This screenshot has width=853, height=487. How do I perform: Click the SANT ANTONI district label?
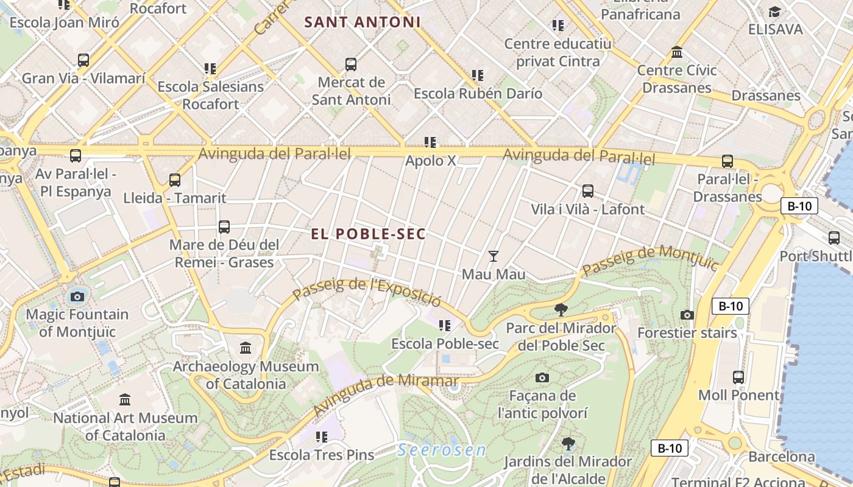tap(363, 23)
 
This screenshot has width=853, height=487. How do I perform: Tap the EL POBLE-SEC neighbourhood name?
tap(368, 234)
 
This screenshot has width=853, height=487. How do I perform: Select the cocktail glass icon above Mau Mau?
tap(494, 256)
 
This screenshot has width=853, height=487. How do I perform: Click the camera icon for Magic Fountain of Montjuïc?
tap(77, 296)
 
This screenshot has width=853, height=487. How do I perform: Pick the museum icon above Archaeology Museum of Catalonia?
tap(246, 348)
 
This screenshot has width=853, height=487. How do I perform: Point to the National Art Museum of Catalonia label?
tap(125, 427)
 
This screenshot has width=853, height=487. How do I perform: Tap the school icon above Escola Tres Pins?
tap(322, 436)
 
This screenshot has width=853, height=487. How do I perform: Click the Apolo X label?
tap(431, 161)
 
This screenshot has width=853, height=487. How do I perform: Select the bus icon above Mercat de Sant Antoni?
tap(351, 65)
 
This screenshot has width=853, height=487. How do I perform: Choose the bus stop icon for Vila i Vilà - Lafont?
tap(588, 191)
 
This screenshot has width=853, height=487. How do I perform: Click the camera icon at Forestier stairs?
tap(687, 315)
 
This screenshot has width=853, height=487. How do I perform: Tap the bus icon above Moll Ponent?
tap(738, 377)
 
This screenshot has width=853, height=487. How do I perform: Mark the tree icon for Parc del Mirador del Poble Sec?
tap(561, 310)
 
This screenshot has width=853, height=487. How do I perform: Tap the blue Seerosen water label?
tap(442, 450)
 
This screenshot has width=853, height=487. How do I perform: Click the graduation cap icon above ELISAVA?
tap(775, 12)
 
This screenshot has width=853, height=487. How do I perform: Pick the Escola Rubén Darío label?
tap(478, 94)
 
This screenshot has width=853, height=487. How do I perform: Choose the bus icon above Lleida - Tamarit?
tap(175, 180)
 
